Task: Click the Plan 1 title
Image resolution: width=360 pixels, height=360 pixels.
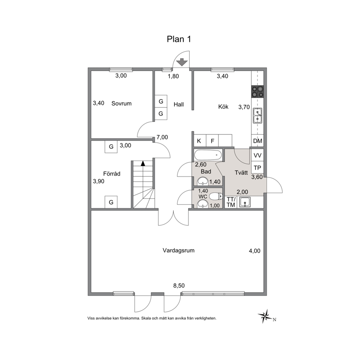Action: coord(179,39)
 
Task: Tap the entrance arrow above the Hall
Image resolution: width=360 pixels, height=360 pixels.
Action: coord(182,62)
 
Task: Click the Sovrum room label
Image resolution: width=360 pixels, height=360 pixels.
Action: coord(122,103)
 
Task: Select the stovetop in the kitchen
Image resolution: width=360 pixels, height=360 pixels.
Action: coord(257,91)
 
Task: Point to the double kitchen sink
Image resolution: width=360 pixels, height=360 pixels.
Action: coord(257,116)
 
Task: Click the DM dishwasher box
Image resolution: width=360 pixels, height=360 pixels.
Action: coord(257,141)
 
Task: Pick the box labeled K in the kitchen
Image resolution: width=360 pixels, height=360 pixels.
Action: coord(199,140)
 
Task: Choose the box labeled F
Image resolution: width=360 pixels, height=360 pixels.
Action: coord(212,140)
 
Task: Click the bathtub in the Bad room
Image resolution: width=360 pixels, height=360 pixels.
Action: coord(208,155)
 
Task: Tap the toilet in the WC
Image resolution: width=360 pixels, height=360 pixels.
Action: coord(216,196)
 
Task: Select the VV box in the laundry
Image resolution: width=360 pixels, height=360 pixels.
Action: coord(257,155)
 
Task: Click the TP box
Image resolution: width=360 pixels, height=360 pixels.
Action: coord(257,167)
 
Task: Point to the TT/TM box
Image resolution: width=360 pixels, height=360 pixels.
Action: coord(231,202)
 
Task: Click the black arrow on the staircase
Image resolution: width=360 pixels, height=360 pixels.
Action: coord(143,163)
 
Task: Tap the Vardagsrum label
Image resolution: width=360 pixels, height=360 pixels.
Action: coord(179,250)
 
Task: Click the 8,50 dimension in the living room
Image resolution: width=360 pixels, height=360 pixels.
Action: coord(179,286)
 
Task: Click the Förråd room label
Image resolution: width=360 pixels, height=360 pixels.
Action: coord(112,173)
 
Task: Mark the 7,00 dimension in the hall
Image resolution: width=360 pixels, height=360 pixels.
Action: coord(162,137)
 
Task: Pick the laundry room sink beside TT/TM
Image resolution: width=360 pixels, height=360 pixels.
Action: coord(245,202)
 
